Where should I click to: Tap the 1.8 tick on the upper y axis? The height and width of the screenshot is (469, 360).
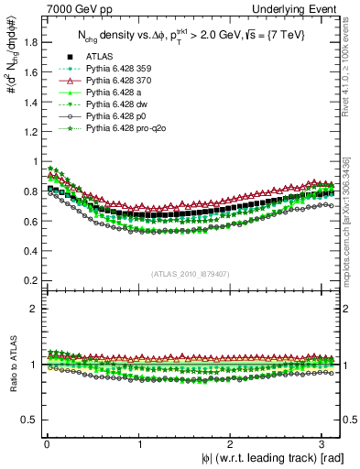[x=29, y=40]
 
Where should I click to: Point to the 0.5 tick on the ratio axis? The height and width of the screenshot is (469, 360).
[x=29, y=420]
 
